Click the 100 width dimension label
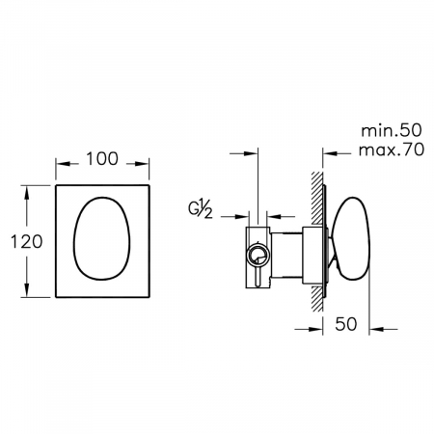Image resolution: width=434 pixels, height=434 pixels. click(x=102, y=159)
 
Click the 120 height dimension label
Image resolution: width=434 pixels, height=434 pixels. click(x=26, y=241)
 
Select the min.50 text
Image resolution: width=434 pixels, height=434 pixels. click(x=392, y=130)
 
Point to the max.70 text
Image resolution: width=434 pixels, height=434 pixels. click(x=392, y=149)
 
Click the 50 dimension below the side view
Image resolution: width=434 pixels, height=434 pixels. click(x=346, y=324)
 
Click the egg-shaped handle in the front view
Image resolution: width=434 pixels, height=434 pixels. click(x=102, y=238)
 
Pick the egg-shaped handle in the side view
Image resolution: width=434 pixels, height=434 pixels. click(x=351, y=238)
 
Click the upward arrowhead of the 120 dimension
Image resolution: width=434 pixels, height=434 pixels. click(x=27, y=192)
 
